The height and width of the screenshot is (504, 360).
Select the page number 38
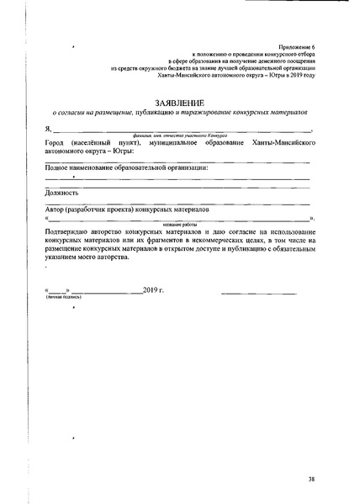[312, 478]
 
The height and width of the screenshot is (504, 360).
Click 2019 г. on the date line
[154, 291]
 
